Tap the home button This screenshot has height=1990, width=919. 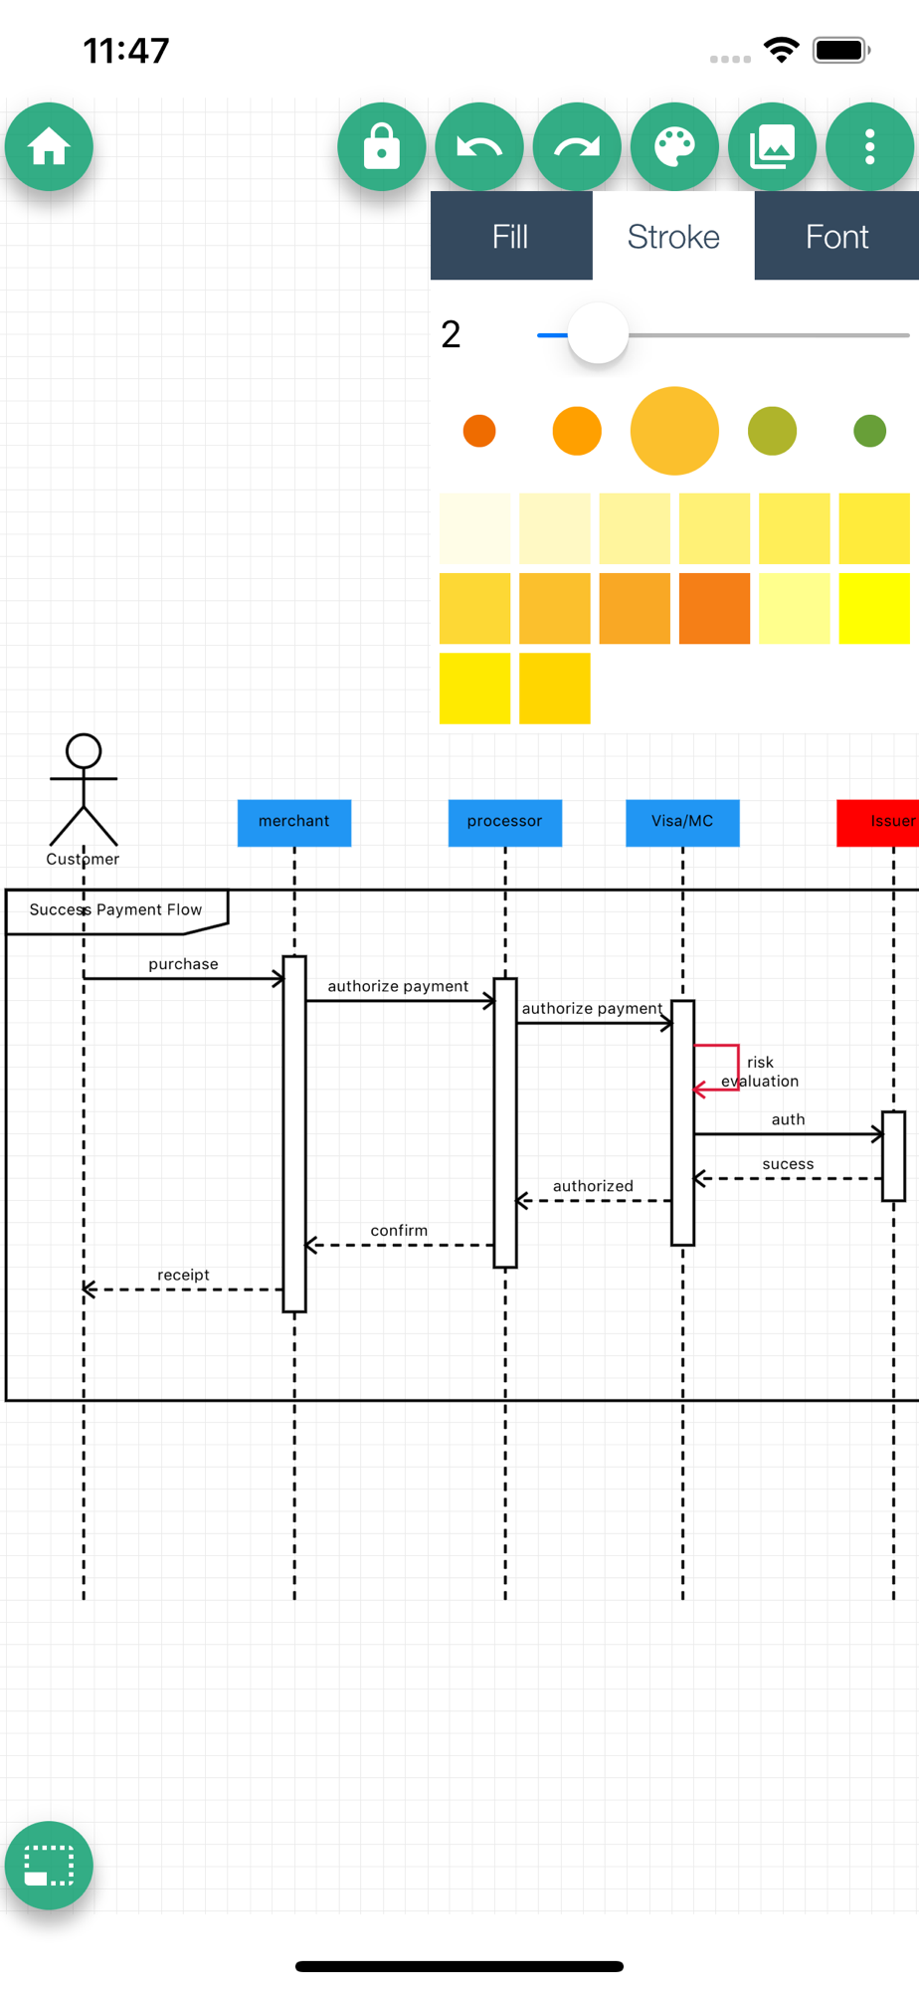49,147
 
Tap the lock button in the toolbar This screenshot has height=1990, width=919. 381,147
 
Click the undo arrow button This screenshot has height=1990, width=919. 479,147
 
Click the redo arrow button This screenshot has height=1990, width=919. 577,147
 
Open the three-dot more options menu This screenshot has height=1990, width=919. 869,147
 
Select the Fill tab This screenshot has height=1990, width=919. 511,237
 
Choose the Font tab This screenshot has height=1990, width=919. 836,237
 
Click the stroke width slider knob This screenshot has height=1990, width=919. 598,334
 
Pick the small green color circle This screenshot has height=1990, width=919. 869,431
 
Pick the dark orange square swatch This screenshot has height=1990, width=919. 714,608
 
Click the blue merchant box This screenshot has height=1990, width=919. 294,822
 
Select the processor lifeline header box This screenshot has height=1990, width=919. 504,822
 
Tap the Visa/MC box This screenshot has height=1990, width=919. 682,822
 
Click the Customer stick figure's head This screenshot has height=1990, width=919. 84,751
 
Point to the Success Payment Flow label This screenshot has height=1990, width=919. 115,909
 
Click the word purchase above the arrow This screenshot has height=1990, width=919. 183,964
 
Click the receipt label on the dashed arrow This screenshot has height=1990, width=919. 183,1275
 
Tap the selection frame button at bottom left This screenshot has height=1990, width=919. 49,1866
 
